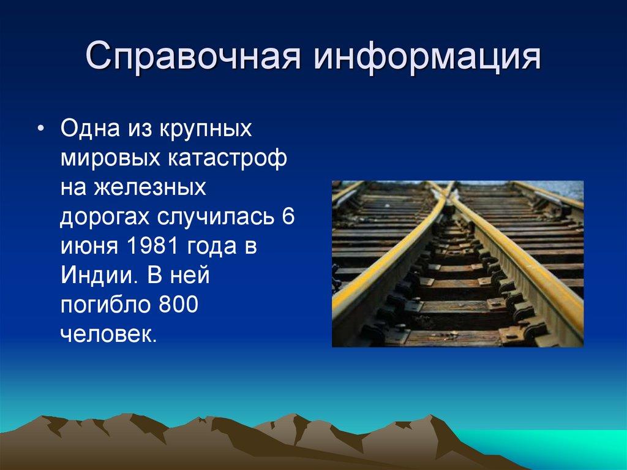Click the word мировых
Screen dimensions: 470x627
(x=108, y=160)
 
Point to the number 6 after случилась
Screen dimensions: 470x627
(x=288, y=218)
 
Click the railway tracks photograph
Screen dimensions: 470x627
(x=457, y=263)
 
